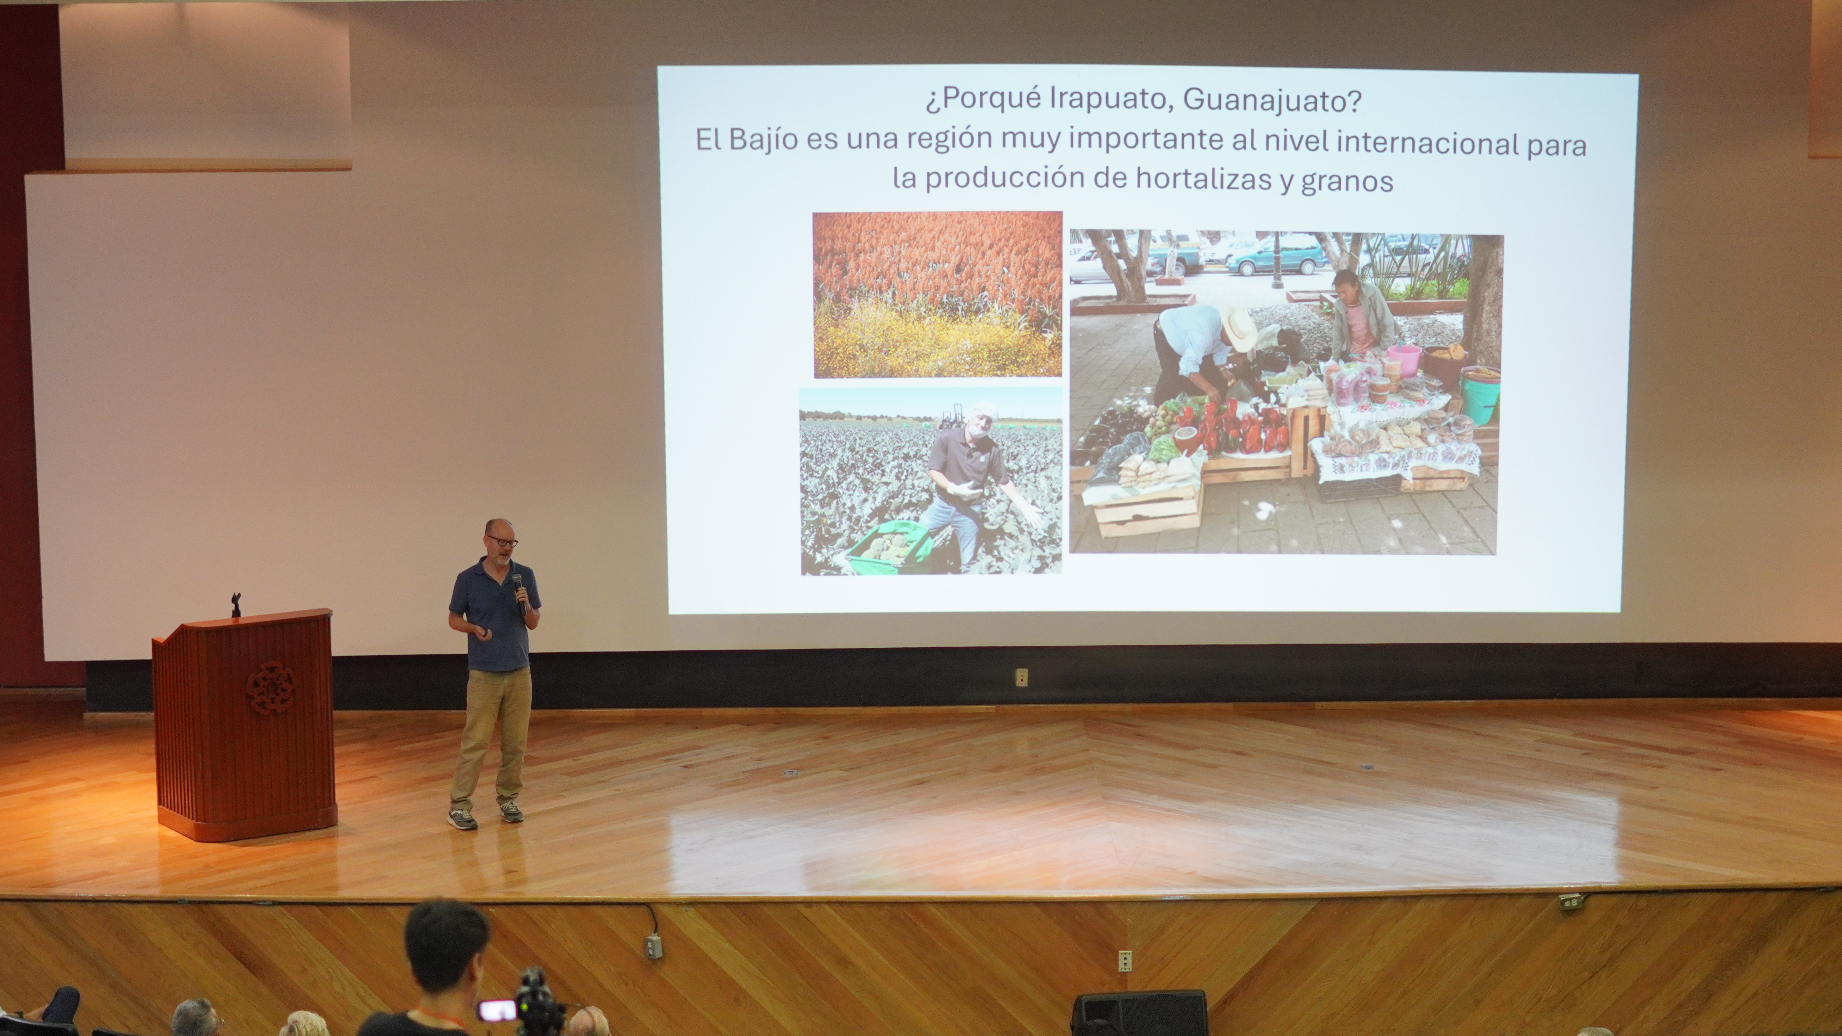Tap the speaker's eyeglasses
pyautogui.click(x=503, y=541)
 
